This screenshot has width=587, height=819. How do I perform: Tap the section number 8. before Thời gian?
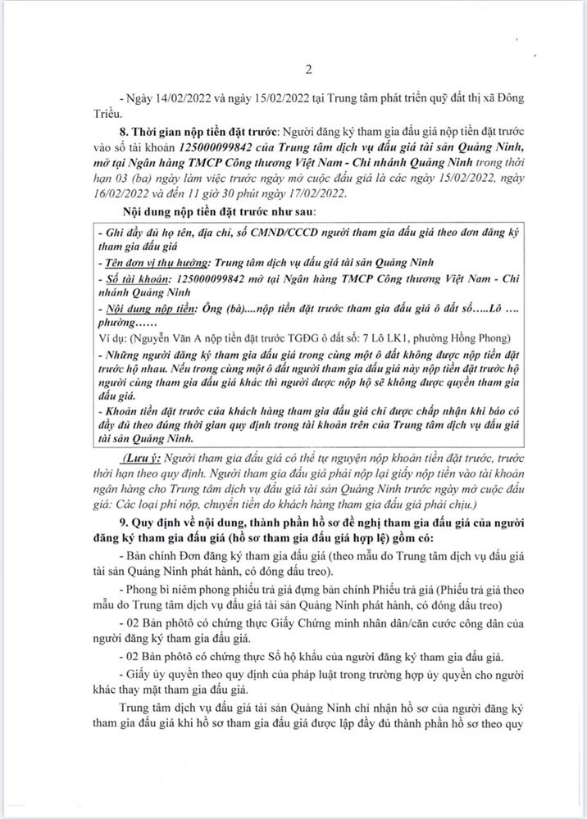point(123,133)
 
